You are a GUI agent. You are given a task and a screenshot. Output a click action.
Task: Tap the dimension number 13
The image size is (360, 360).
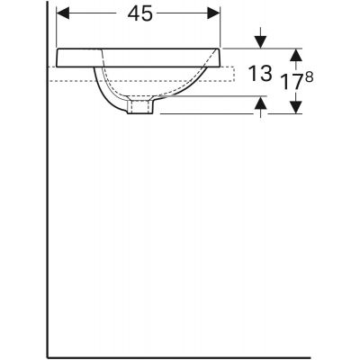[258, 76]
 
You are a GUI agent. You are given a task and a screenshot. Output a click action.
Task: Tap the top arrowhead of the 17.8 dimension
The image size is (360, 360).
[293, 53]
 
